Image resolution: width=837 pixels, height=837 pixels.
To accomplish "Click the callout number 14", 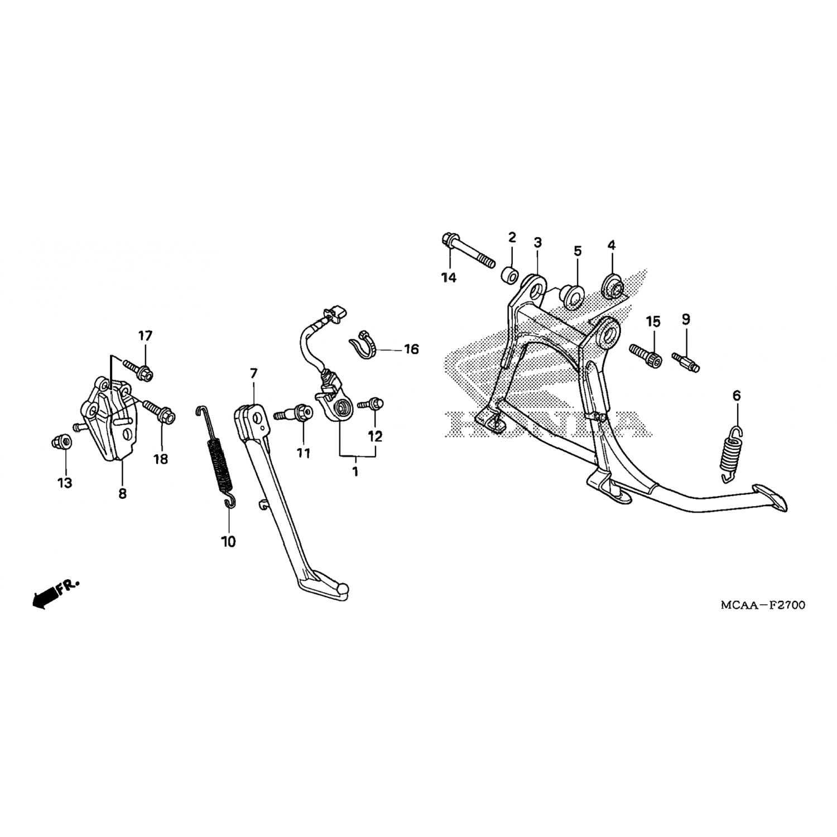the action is [x=449, y=277].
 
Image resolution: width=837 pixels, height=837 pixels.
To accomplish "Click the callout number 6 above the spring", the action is [x=737, y=396].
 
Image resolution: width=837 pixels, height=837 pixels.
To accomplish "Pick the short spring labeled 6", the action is [x=728, y=453].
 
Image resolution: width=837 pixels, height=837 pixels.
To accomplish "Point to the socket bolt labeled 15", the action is [x=646, y=355].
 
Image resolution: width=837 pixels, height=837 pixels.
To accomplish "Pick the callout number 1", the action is [x=355, y=472].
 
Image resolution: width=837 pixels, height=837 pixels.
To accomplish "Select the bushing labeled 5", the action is [x=571, y=297].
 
